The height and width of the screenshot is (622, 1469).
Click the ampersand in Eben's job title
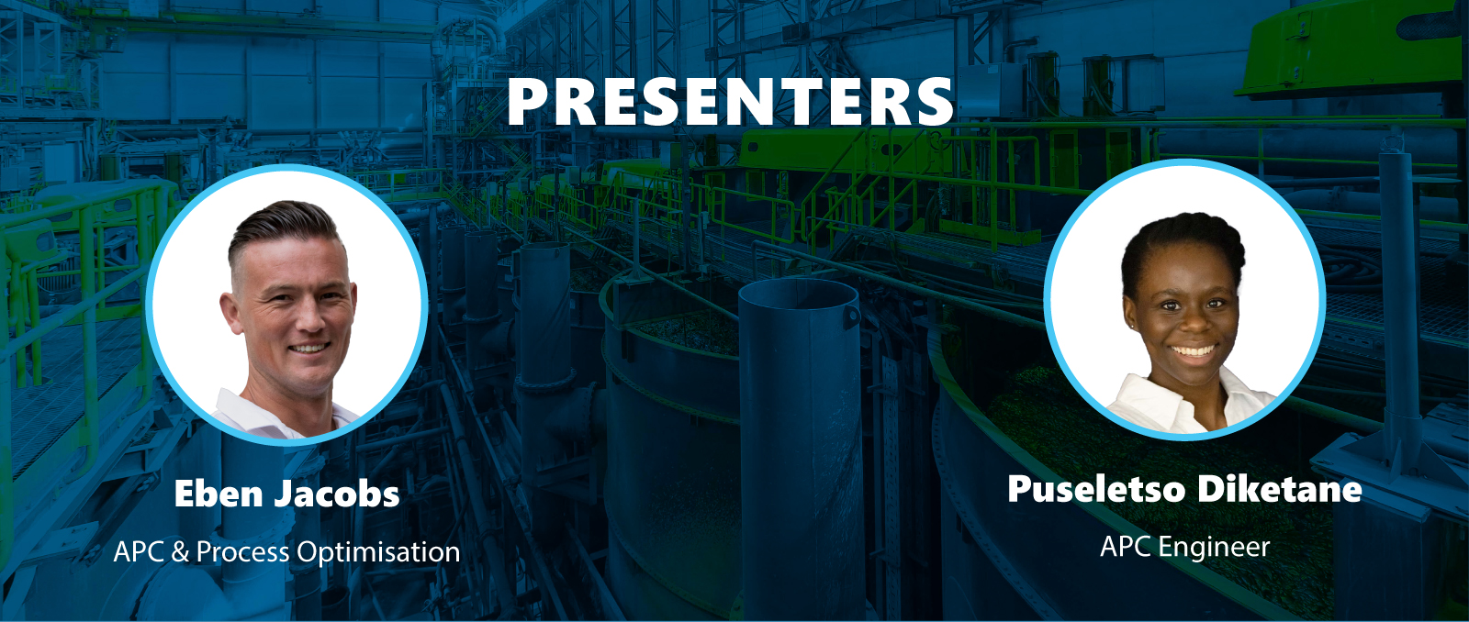coord(180,552)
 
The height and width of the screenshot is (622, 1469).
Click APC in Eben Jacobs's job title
coord(139,552)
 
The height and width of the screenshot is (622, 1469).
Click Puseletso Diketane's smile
coord(1194,351)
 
